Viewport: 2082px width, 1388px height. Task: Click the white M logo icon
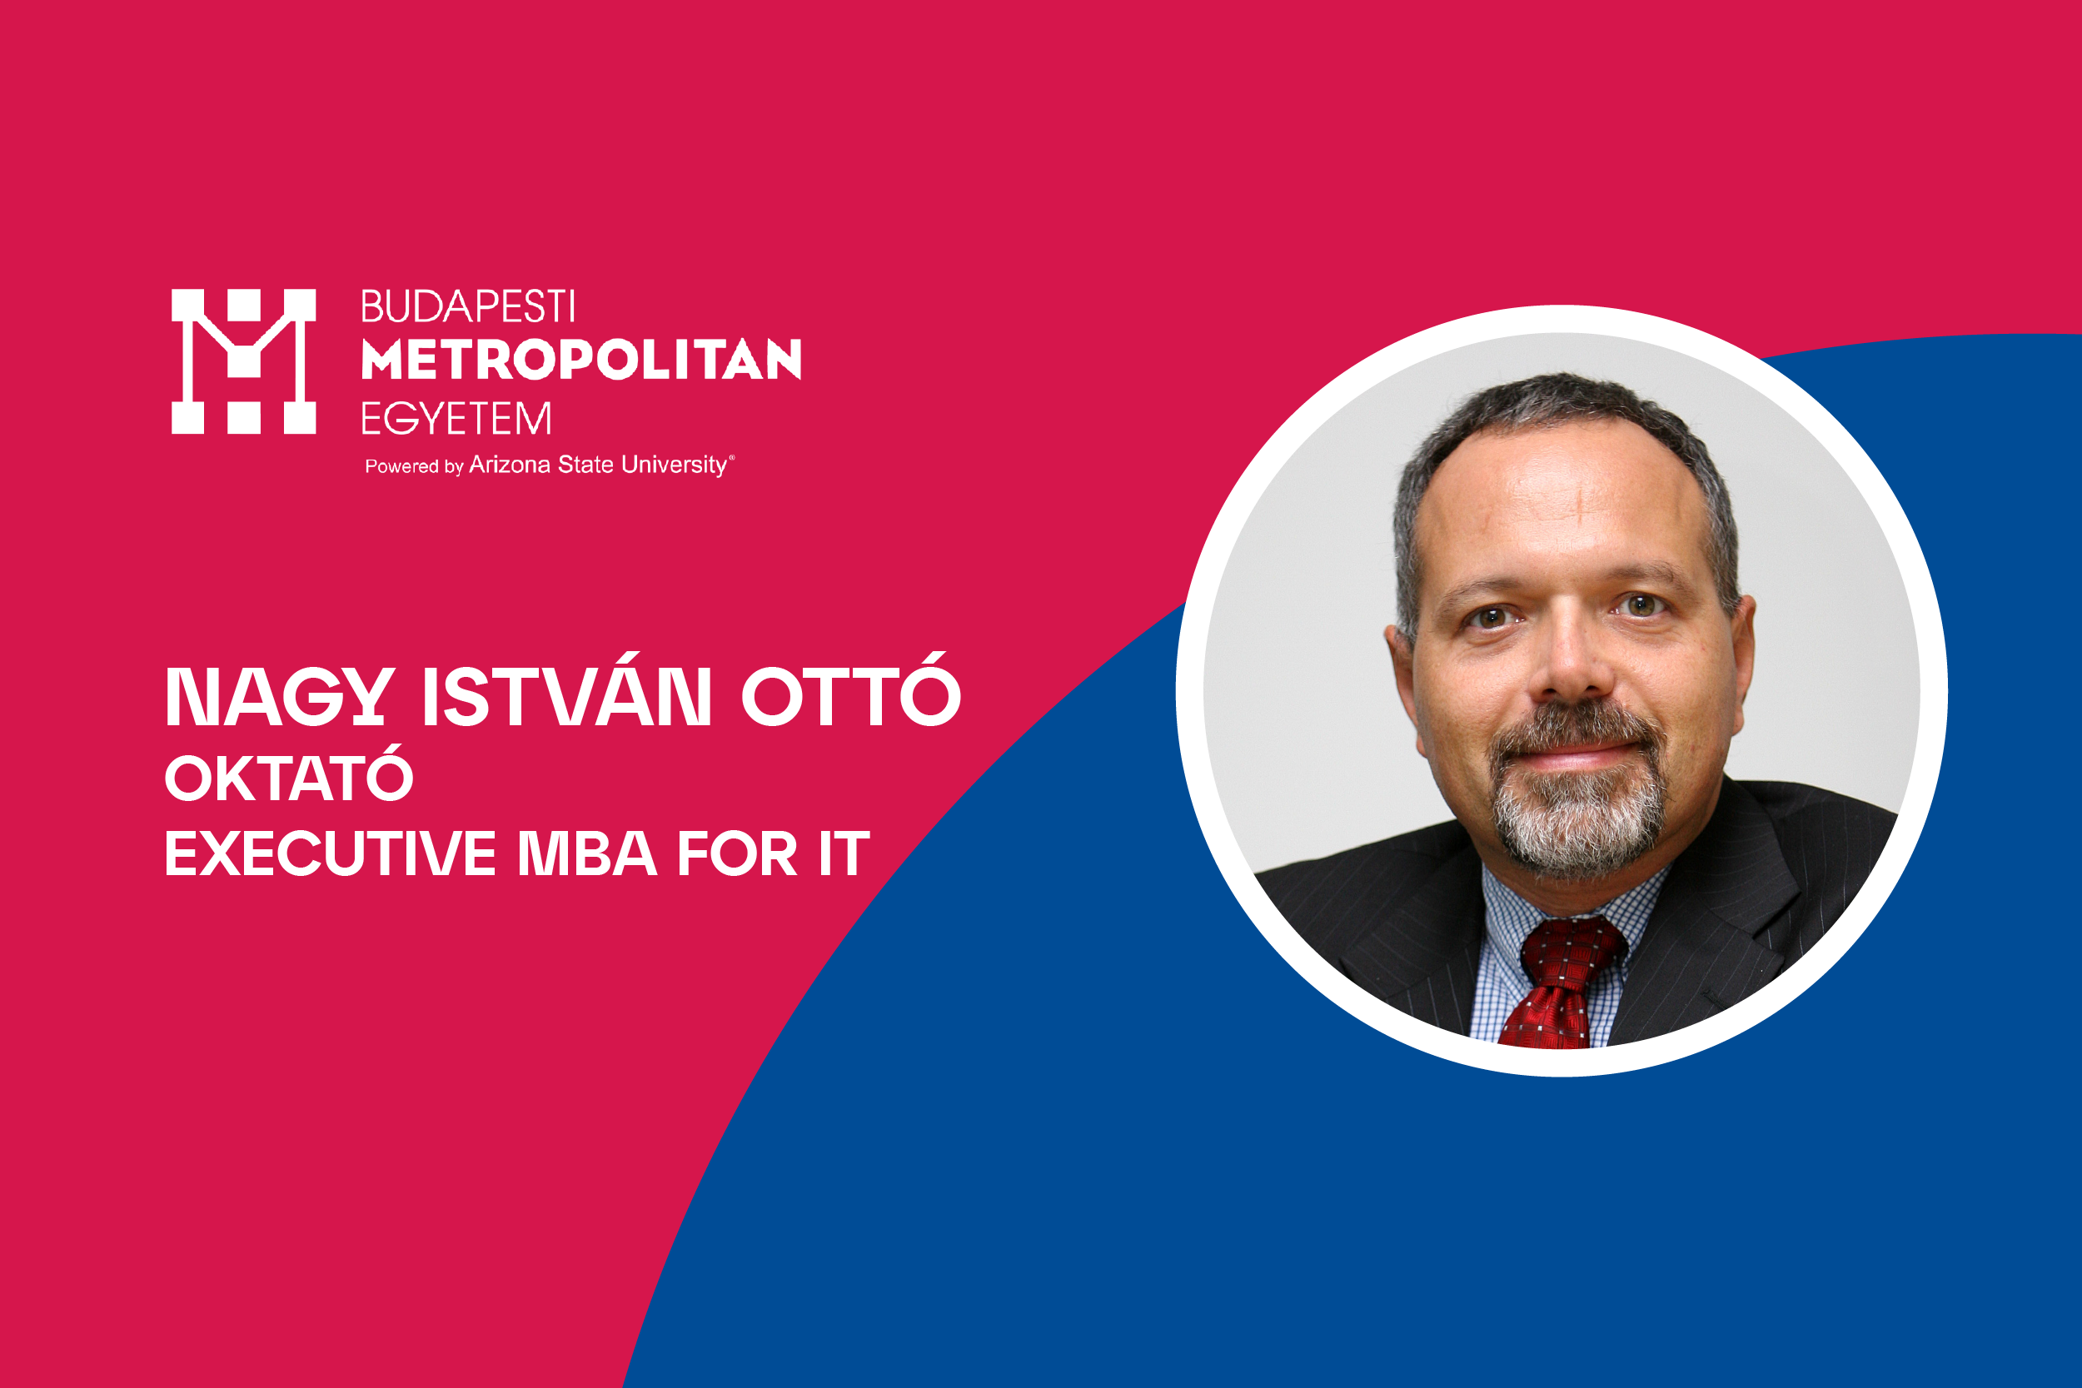coord(243,361)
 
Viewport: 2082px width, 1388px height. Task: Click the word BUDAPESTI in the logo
coord(468,307)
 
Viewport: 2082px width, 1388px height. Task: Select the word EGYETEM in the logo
coord(456,419)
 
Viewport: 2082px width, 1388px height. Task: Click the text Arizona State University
coord(599,465)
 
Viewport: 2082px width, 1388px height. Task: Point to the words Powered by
coord(414,466)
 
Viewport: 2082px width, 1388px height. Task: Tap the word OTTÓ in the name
coord(850,689)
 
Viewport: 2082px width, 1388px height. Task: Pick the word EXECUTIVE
coord(330,853)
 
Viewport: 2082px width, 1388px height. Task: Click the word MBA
coord(587,853)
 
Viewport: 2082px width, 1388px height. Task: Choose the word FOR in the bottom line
coord(737,853)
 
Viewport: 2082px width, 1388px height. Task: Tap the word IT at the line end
coord(844,853)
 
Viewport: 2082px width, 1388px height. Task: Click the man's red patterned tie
coord(1563,981)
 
